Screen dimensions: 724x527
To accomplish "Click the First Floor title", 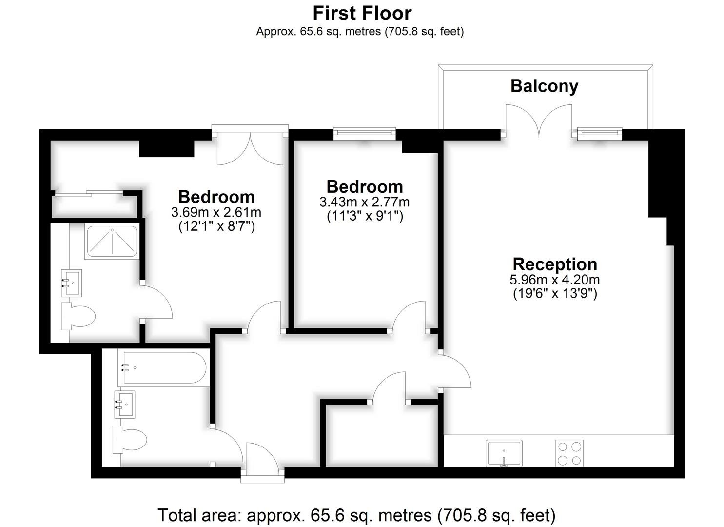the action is (362, 14).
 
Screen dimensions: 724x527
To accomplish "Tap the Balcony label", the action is (544, 86).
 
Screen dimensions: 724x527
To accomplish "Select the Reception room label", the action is (555, 264).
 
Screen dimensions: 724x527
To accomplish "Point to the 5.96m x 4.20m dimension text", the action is (555, 280).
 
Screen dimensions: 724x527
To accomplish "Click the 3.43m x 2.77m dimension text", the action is (365, 202).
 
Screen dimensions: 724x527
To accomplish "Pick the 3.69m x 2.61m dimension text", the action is (216, 213).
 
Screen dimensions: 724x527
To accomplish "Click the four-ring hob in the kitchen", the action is (569, 453).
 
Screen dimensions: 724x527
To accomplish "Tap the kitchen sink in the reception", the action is (504, 453).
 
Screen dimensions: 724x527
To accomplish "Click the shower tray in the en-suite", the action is (112, 243).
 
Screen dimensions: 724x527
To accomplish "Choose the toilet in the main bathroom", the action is (130, 440).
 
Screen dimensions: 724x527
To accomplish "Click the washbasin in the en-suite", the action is (72, 283).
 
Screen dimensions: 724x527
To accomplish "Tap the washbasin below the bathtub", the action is (125, 405).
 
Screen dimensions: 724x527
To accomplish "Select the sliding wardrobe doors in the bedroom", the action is (89, 193).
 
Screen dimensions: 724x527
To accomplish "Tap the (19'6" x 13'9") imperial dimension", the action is (555, 294).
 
